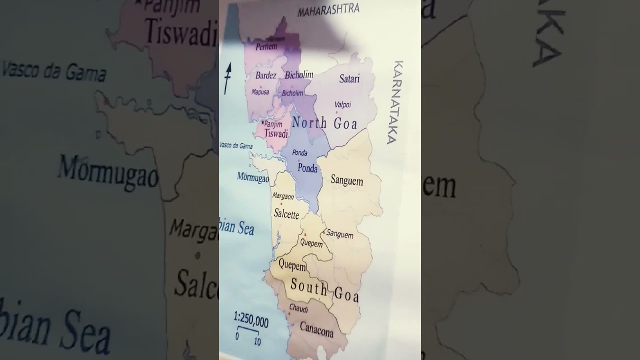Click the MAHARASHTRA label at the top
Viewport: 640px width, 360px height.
point(328,9)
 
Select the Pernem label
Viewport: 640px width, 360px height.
point(266,46)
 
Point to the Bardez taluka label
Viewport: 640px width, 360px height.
point(265,75)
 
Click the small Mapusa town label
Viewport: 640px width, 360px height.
point(260,92)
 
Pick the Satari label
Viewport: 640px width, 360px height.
point(349,78)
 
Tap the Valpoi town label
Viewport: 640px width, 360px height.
point(342,104)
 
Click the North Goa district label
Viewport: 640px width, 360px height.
point(324,122)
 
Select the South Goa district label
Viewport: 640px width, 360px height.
point(324,290)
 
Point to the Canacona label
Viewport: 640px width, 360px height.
point(316,328)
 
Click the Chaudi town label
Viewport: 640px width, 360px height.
point(298,309)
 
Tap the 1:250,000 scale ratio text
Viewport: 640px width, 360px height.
point(250,320)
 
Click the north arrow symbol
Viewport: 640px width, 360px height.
point(227,78)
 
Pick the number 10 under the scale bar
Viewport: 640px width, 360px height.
point(257,341)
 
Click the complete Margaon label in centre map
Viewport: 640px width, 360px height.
point(283,196)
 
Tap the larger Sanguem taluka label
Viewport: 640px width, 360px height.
point(346,180)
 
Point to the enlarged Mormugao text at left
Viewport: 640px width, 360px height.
point(108,173)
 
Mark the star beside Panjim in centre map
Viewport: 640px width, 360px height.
point(262,122)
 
